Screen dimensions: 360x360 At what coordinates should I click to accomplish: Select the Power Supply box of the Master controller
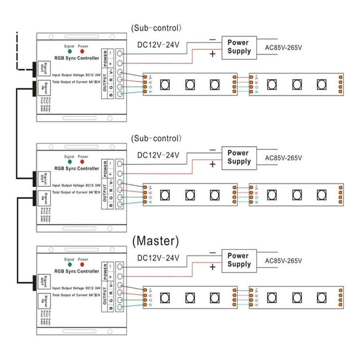(x=239, y=260)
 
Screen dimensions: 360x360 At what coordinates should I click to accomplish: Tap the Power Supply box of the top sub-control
(x=239, y=46)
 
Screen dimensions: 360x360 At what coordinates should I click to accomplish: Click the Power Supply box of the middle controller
(x=239, y=157)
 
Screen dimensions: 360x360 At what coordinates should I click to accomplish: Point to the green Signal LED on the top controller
(x=70, y=52)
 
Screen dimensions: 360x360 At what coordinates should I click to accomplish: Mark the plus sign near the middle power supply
(x=212, y=164)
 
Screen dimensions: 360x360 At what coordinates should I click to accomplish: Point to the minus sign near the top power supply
(x=212, y=40)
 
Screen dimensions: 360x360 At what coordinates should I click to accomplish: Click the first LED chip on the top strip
(x=164, y=84)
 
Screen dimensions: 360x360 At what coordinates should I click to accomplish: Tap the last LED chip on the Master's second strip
(x=321, y=297)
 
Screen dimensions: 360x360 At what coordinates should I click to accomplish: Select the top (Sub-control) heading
(x=156, y=28)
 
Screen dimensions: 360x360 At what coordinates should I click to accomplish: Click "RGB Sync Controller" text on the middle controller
(x=76, y=168)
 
